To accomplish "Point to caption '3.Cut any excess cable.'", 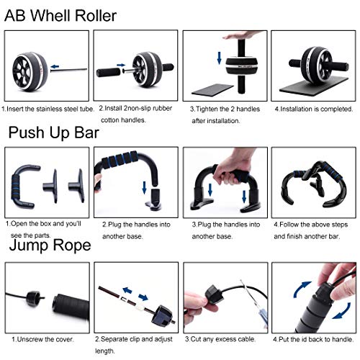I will coord(222,338).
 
